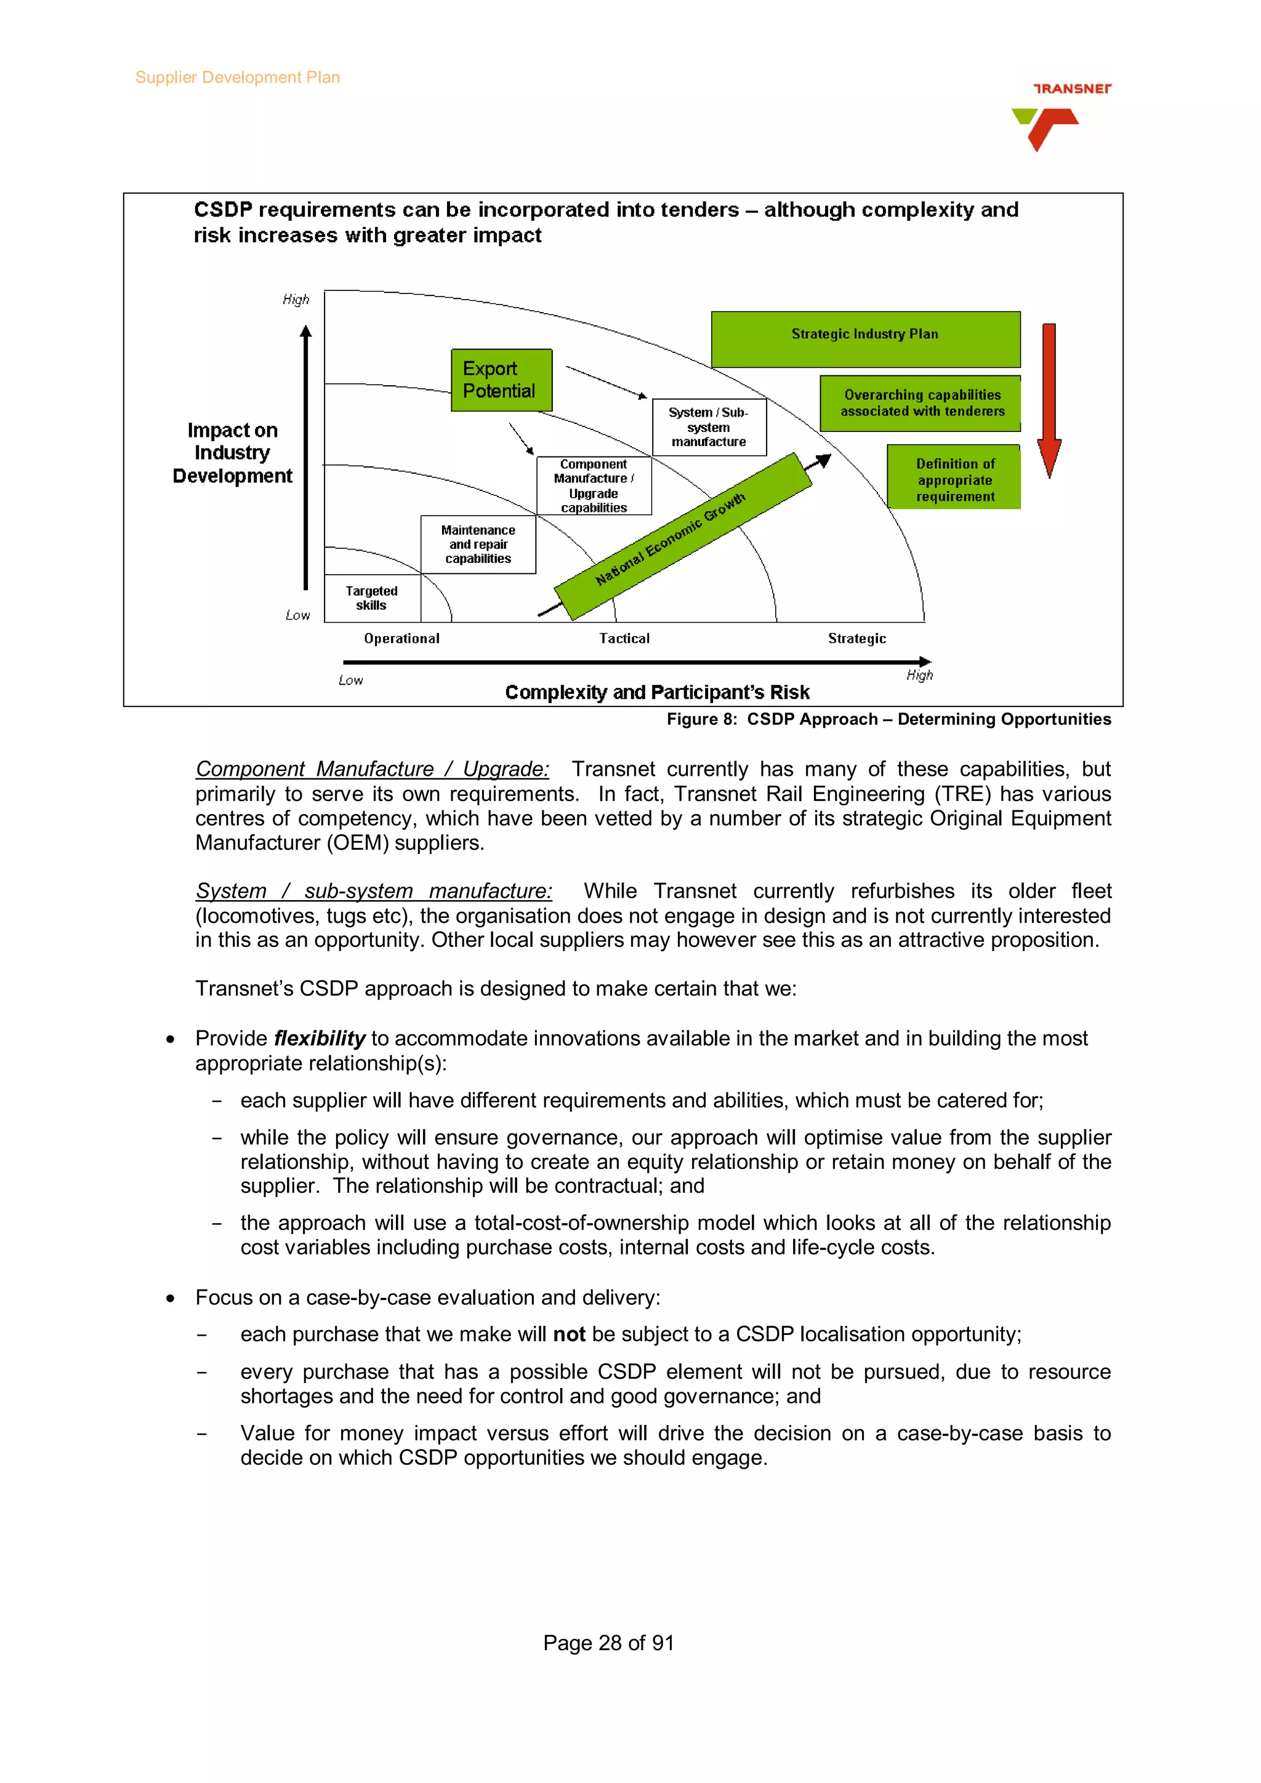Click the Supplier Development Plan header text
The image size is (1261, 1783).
point(237,78)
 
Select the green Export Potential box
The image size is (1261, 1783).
point(501,380)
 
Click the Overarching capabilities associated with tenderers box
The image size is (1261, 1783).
point(921,403)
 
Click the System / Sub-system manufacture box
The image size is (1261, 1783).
point(709,427)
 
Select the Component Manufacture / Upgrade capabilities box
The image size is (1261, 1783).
point(594,485)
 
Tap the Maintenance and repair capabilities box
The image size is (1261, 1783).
point(478,544)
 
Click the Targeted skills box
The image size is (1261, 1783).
point(371,598)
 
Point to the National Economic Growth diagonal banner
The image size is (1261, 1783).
point(682,535)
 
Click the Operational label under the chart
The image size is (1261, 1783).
point(401,639)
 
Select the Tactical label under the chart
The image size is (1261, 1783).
point(624,639)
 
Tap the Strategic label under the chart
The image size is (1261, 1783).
point(856,639)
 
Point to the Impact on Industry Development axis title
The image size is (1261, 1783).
point(232,453)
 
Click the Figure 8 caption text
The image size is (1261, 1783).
point(888,719)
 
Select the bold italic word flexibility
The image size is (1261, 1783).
point(320,1039)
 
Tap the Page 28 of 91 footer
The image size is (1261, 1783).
point(608,1643)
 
